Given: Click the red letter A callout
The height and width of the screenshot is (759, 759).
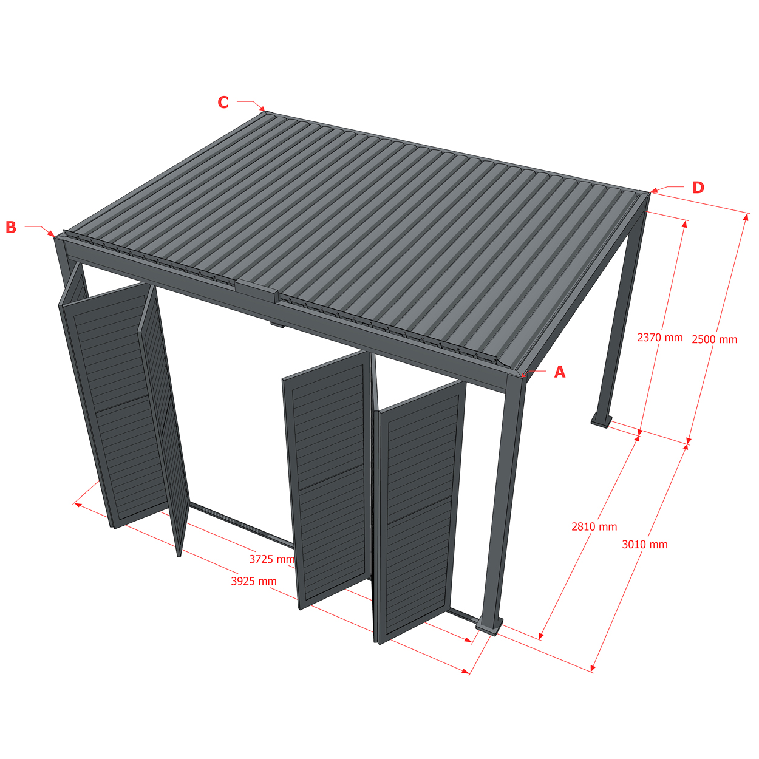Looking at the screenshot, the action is [x=560, y=372].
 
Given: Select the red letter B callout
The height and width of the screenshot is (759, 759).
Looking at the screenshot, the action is [x=11, y=227].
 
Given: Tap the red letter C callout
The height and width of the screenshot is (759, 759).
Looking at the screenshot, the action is [x=223, y=103].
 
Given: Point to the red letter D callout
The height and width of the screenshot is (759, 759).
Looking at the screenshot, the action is [x=698, y=188].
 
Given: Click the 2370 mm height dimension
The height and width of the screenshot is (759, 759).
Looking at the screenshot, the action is [x=660, y=338].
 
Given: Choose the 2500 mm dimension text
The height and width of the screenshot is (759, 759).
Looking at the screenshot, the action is [x=715, y=339].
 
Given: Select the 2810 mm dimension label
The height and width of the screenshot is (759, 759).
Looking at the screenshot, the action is [x=594, y=526].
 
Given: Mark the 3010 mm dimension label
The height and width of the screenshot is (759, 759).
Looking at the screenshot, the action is [x=645, y=545].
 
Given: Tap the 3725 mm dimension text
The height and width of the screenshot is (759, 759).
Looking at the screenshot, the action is [x=272, y=559].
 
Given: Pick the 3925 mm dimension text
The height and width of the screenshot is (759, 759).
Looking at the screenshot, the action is [x=254, y=581].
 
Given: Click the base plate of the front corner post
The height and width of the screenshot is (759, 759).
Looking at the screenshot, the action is [x=489, y=625].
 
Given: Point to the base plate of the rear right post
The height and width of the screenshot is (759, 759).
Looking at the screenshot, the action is [x=602, y=421].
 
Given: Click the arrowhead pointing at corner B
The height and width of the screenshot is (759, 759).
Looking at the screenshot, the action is [x=52, y=234].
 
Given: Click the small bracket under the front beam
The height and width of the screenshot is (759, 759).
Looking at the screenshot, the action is [x=277, y=325].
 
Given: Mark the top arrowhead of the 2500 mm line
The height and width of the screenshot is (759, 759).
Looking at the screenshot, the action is [x=745, y=217].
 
